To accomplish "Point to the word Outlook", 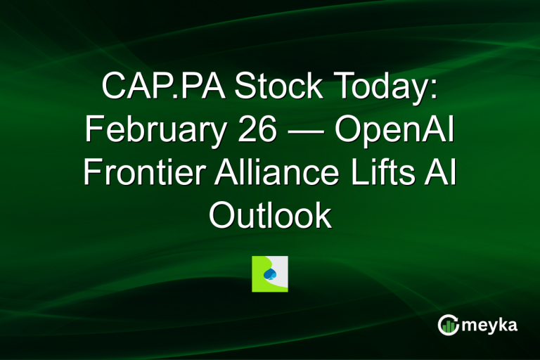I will [270, 216].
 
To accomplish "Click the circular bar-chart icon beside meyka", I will [448, 324].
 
